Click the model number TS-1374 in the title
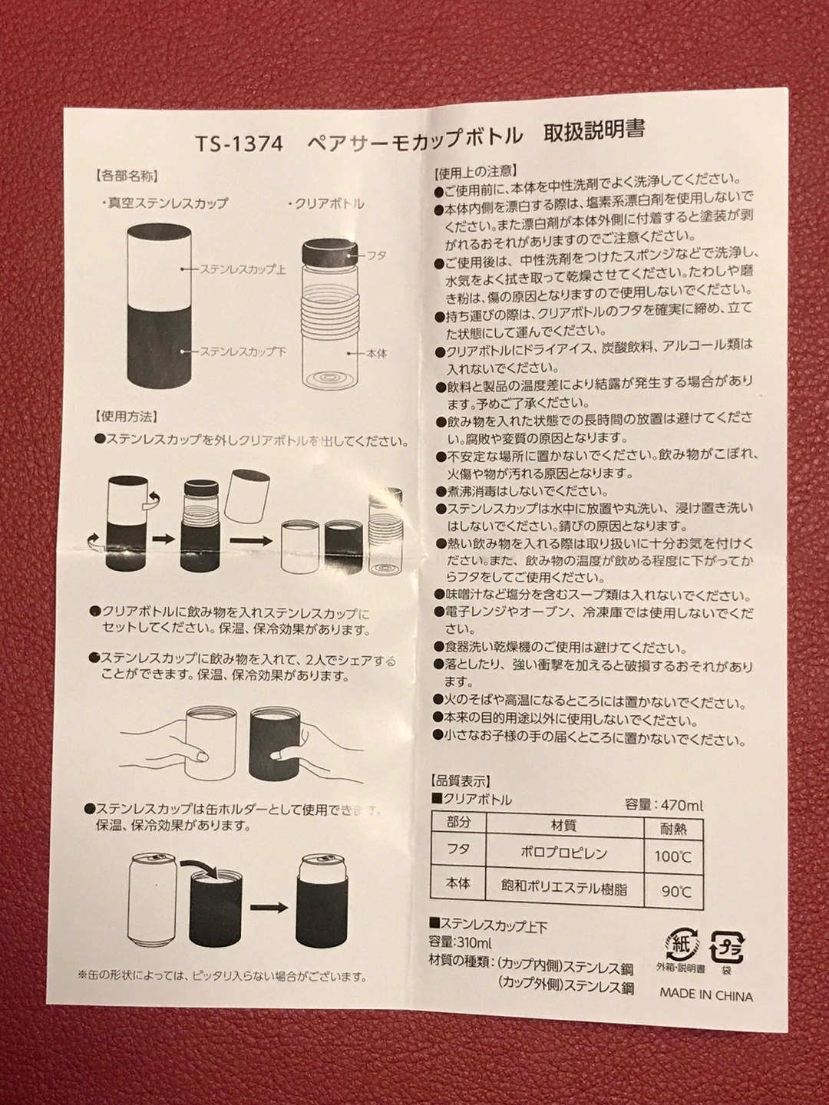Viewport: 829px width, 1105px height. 239,144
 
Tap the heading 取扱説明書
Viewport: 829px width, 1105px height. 594,132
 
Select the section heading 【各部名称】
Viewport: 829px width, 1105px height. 126,176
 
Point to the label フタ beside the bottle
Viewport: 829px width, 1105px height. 376,256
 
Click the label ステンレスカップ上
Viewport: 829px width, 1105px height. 243,269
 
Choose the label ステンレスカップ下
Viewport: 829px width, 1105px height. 243,351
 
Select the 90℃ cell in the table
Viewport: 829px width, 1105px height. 677,892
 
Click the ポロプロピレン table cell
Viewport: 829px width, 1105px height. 563,853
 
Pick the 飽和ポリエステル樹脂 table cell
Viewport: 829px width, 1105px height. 564,889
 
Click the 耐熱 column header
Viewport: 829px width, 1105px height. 673,829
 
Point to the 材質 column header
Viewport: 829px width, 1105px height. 563,826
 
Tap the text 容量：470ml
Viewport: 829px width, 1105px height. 663,805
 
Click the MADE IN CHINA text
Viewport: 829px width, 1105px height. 706,996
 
